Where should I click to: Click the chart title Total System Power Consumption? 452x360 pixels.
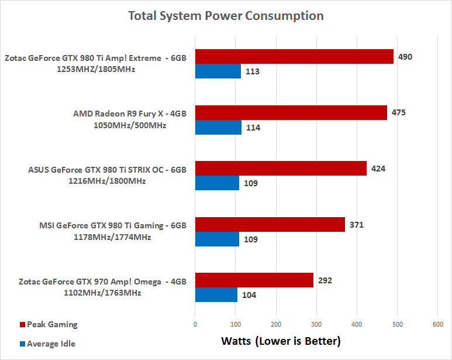click(226, 16)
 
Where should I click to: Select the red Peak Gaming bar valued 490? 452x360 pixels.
click(294, 56)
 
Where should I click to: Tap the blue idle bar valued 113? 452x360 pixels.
click(218, 71)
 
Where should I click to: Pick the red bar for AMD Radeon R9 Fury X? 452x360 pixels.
click(291, 112)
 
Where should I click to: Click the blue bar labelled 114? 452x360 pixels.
click(218, 127)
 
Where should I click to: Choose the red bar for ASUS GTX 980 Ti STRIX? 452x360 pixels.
click(281, 168)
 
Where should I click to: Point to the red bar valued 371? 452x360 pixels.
click(270, 224)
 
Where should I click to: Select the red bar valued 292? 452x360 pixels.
click(254, 280)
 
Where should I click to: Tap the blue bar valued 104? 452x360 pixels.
click(216, 295)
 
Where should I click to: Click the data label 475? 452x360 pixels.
click(399, 112)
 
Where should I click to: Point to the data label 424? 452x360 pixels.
click(378, 168)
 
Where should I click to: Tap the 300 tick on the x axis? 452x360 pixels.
click(316, 324)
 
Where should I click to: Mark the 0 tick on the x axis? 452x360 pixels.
click(195, 324)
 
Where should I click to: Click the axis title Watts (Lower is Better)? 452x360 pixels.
click(280, 340)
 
